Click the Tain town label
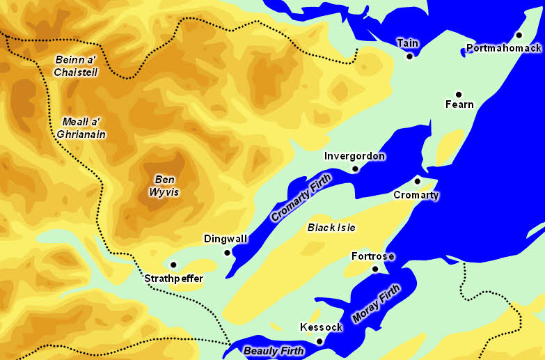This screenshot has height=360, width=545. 408,43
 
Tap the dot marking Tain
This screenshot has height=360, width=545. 409,56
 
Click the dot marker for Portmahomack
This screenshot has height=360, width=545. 519,35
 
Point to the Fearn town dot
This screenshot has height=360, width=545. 459,94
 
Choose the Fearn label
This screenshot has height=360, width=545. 459,105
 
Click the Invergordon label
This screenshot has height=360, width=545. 354,156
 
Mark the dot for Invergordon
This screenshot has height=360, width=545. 355,169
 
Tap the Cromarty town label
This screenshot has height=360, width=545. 416,195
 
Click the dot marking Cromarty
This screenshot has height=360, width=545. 418,180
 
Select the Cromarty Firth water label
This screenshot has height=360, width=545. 301,198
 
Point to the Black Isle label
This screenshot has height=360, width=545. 331,228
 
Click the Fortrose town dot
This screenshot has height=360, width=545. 375,269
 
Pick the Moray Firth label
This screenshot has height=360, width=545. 376,303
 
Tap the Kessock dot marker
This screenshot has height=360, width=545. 319,341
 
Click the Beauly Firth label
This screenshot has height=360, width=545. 274,351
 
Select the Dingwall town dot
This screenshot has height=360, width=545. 227,252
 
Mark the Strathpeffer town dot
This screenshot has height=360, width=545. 173,265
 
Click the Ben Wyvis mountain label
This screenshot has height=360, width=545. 165,186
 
